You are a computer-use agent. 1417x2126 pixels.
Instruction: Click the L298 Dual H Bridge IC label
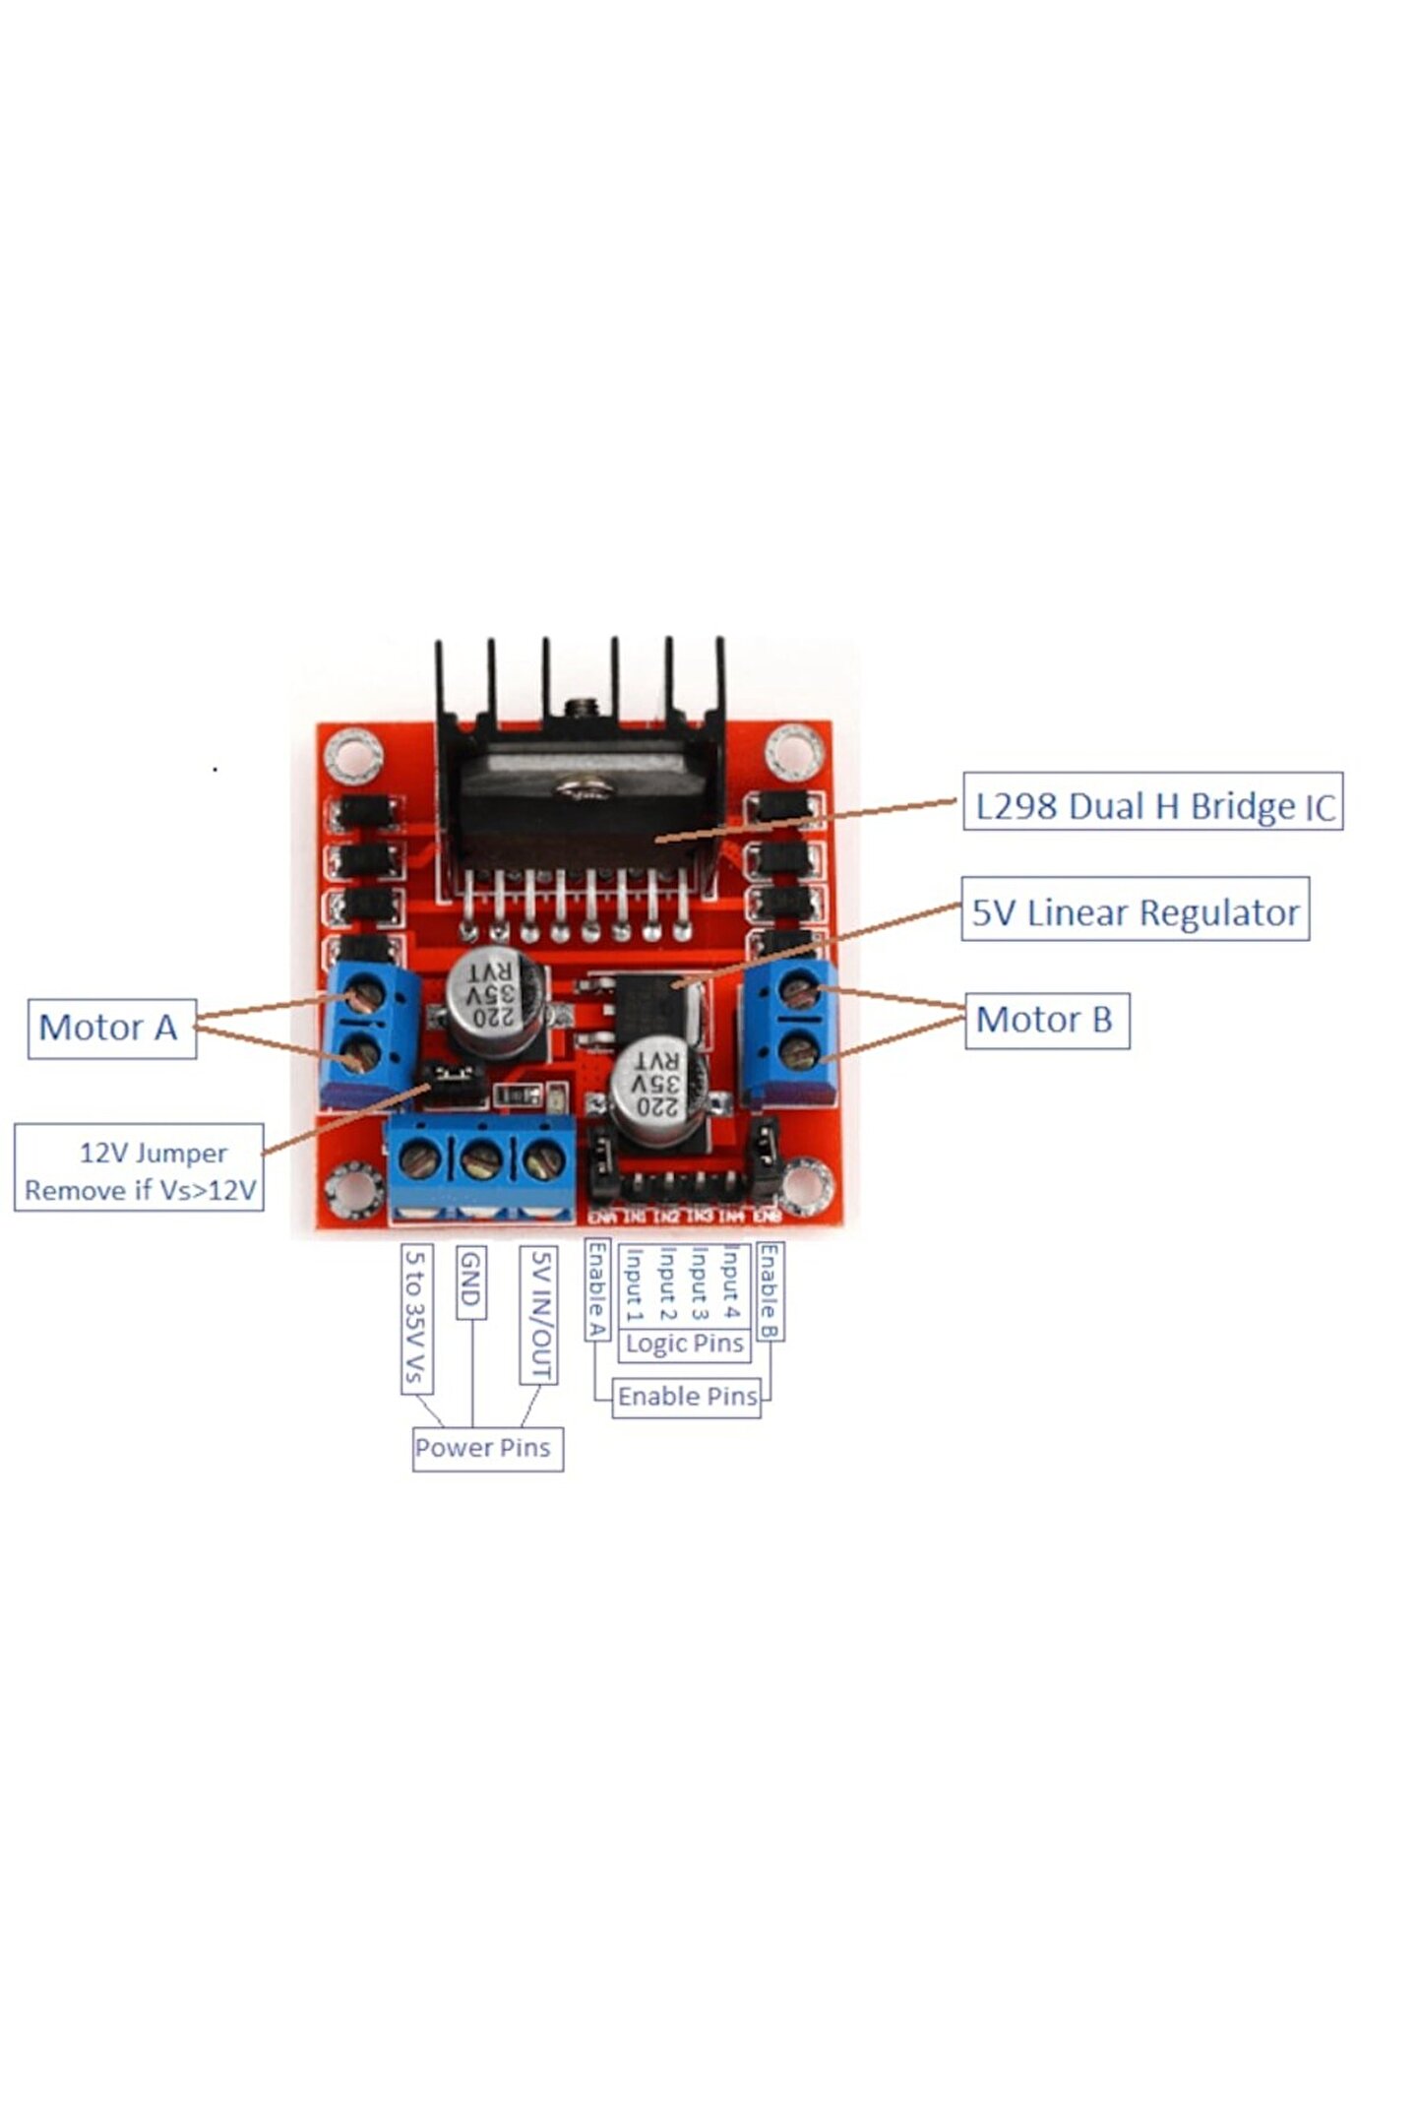coord(1152,806)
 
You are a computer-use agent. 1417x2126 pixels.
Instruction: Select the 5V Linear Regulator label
coord(1135,911)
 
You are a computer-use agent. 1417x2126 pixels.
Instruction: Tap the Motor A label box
coord(111,1028)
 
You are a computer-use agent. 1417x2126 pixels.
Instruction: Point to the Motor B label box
coord(1046,1020)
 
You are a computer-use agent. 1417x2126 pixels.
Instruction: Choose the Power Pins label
coord(487,1448)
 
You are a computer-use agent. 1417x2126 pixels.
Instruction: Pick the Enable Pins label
coord(687,1396)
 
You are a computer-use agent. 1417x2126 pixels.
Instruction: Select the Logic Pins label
coord(684,1344)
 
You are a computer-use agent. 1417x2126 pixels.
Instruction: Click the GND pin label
coord(471,1282)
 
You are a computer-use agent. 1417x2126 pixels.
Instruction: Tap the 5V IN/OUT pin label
coord(539,1316)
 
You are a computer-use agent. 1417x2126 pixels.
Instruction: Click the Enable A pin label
coord(596,1290)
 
